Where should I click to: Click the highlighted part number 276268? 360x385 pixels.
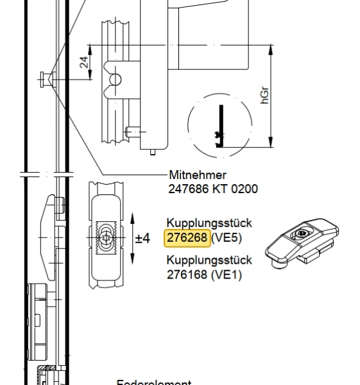click(x=187, y=238)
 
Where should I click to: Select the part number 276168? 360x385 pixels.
click(x=187, y=275)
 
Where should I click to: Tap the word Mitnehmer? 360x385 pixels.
click(x=197, y=175)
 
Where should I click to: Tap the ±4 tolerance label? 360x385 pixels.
click(x=142, y=239)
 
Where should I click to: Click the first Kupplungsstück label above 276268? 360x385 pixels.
click(x=209, y=223)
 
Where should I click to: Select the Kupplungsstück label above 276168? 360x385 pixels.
click(x=209, y=261)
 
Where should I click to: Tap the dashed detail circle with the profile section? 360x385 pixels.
click(x=219, y=126)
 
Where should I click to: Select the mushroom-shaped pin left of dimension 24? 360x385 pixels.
click(x=45, y=79)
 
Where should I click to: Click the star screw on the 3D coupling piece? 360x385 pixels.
click(x=299, y=234)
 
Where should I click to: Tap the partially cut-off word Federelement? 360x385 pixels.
click(x=154, y=382)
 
